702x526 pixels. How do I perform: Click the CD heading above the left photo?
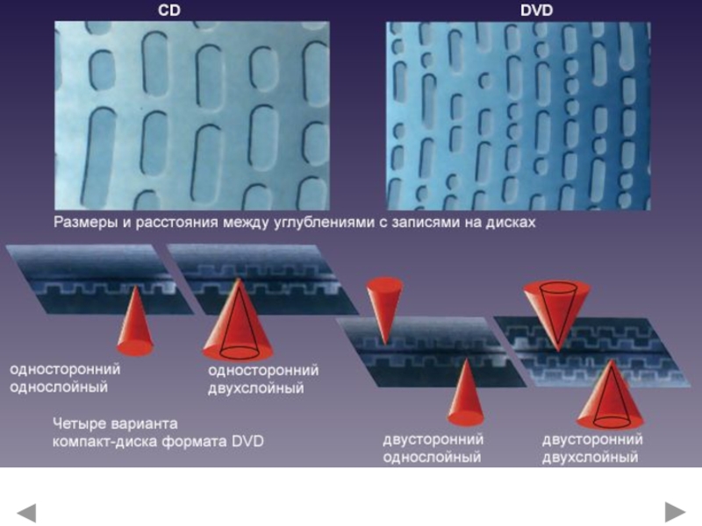click(169, 11)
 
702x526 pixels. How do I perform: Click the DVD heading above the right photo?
click(536, 11)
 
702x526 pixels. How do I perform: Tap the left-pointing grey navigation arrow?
click(26, 513)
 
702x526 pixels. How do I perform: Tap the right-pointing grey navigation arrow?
click(675, 512)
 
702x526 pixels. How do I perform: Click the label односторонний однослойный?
click(65, 378)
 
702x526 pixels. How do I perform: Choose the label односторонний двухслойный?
click(263, 379)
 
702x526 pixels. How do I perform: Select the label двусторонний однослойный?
click(433, 448)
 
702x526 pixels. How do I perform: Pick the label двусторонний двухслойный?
click(592, 448)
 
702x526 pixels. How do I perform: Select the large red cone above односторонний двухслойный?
click(238, 322)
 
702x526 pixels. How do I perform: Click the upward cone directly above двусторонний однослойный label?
click(466, 394)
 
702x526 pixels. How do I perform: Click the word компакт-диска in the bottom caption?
click(105, 442)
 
